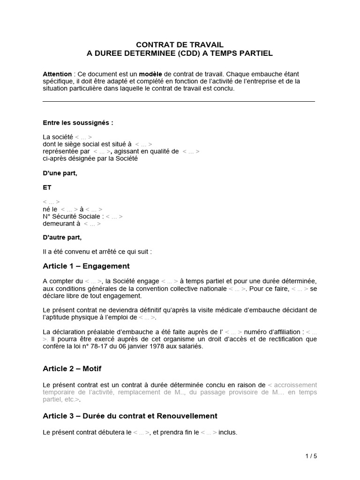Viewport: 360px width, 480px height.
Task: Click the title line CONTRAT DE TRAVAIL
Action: tap(180, 45)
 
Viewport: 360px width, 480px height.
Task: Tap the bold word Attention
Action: tap(57, 74)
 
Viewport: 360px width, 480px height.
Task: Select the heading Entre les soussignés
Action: tap(78, 123)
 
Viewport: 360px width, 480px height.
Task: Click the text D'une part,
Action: tap(60, 173)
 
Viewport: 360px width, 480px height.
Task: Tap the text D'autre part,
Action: tap(62, 237)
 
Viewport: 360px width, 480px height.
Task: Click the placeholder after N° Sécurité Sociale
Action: tap(114, 217)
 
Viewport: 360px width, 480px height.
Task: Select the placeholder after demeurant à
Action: tap(92, 224)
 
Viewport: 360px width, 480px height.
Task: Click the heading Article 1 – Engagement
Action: tap(86, 266)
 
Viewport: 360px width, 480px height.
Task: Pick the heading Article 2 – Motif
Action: tap(72, 368)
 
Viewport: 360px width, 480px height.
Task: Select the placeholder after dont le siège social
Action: tap(143, 144)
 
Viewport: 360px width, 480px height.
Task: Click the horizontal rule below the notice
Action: tap(179, 101)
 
